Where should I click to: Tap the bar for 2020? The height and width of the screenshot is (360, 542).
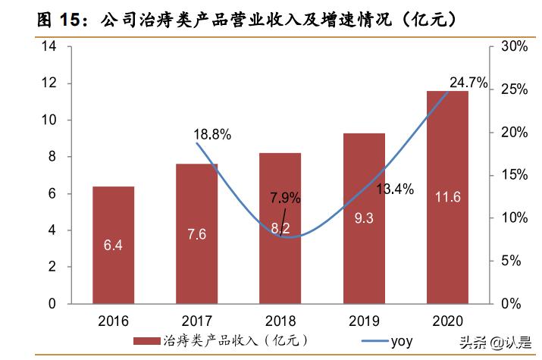[x=447, y=197]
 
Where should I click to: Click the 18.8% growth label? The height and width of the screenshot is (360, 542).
[x=212, y=135]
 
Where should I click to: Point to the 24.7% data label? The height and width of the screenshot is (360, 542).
[x=468, y=82]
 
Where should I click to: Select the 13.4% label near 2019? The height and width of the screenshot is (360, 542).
[x=394, y=189]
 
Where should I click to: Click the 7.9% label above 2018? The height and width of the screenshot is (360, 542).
[x=285, y=199]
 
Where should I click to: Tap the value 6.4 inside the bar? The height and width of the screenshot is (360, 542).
[x=113, y=245]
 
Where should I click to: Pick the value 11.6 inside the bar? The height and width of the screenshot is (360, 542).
[x=447, y=198]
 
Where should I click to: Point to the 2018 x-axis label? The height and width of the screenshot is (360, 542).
[x=280, y=321]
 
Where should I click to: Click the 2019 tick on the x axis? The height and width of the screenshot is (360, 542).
[x=364, y=321]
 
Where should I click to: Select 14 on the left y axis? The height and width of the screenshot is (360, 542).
[x=50, y=47]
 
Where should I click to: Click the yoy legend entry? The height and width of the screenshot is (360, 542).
[x=402, y=341]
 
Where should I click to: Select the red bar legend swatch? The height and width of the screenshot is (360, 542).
[x=148, y=341]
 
